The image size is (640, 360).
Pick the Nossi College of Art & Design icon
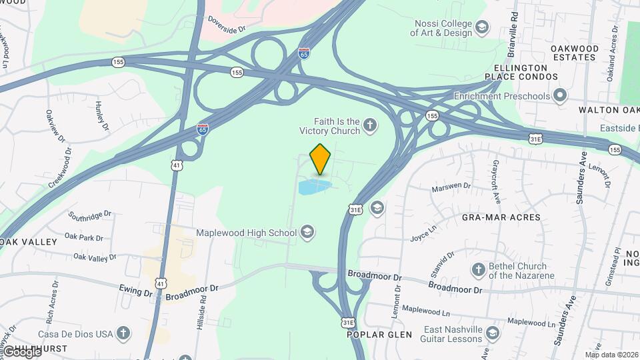pos(482,27)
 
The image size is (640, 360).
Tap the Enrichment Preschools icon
pos(560,96)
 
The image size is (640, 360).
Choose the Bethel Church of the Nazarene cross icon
pos(478,269)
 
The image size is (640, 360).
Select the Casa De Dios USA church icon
pos(122,333)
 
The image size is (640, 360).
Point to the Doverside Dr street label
pos(227,25)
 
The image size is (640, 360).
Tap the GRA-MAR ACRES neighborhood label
pos(495,217)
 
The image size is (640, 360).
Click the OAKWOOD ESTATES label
pos(575,53)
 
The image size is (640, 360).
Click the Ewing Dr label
pos(136,291)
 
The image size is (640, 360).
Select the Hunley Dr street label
pos(101,114)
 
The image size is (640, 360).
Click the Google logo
pos(22,352)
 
